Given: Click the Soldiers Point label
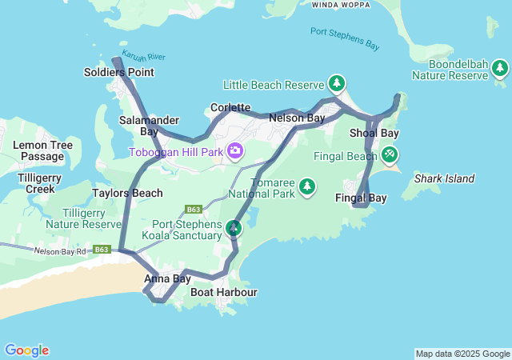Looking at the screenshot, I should (x=118, y=73).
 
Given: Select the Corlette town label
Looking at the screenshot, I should (x=230, y=107).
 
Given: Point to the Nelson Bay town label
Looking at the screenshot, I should (x=297, y=118).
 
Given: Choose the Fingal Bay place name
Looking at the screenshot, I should (x=361, y=198).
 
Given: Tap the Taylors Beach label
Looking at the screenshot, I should (x=127, y=193).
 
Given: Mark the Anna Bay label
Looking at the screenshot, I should (x=167, y=279).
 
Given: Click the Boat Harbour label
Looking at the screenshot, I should (x=224, y=293).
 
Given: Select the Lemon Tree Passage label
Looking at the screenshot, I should (x=42, y=150).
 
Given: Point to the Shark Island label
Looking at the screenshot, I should (x=445, y=178).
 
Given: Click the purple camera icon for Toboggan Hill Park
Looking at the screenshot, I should (x=235, y=150).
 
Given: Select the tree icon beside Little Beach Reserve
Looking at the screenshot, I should (x=337, y=83).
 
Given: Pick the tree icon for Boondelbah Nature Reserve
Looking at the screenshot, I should (x=500, y=69).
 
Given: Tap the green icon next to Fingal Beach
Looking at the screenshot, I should (x=389, y=154).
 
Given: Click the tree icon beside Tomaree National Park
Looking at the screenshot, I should (x=307, y=186).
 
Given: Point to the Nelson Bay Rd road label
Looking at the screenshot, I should (x=61, y=251).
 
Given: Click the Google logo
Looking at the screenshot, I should (x=26, y=350).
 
